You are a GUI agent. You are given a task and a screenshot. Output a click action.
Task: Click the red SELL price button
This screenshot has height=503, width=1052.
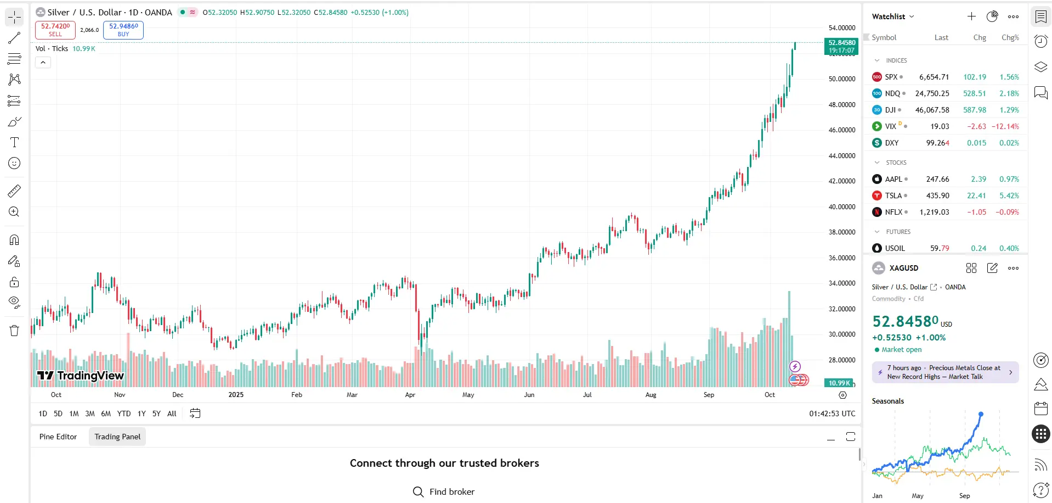55,30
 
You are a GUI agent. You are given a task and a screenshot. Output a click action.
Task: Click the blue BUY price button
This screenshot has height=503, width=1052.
123,30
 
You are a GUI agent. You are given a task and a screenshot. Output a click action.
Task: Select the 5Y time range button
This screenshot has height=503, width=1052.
156,413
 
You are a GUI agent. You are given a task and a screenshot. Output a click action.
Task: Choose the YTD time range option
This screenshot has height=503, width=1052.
124,413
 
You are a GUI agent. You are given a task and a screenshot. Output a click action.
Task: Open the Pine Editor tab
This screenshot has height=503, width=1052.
58,437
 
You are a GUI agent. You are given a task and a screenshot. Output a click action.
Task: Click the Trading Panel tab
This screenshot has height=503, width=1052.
117,437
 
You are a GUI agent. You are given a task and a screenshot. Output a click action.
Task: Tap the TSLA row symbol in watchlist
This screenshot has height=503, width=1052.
893,195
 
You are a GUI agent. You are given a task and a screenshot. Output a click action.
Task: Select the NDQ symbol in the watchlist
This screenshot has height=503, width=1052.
892,93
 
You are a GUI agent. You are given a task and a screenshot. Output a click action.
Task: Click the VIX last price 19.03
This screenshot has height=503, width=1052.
939,126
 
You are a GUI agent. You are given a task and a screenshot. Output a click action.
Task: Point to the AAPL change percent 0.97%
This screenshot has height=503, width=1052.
1009,179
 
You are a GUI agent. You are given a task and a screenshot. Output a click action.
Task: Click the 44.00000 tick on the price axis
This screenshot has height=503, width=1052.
841,156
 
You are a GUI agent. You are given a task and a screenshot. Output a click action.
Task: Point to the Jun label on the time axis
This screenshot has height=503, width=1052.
529,395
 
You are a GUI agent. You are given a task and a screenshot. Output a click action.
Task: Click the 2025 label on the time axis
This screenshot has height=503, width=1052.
236,395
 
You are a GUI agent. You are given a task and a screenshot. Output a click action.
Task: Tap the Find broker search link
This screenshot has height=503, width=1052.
444,491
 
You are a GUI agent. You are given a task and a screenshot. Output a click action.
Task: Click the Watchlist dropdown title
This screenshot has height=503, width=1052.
892,16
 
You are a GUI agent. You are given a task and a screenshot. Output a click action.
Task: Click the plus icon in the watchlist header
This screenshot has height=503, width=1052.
971,16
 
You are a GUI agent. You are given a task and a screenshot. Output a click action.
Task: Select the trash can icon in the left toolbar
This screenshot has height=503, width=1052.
14,331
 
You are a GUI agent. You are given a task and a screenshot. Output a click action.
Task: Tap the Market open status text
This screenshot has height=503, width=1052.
901,350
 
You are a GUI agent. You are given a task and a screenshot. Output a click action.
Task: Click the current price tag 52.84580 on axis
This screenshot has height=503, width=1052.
841,46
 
